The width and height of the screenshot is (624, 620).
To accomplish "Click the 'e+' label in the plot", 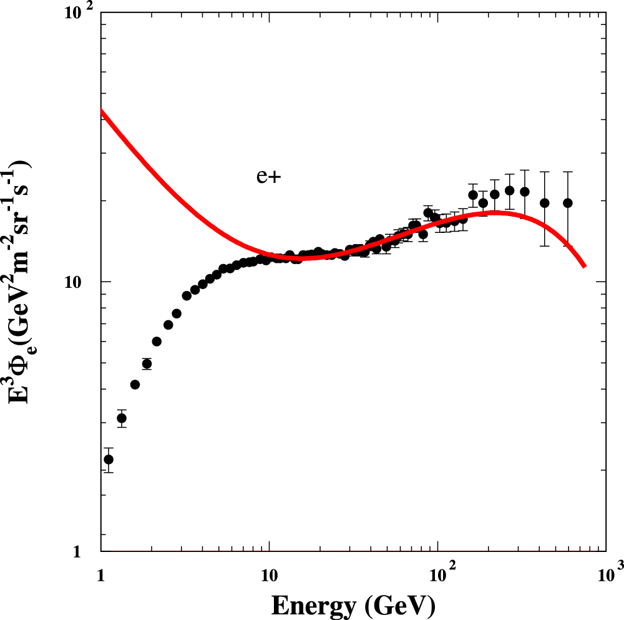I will (269, 177).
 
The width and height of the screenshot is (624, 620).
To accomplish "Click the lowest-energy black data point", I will (109, 460).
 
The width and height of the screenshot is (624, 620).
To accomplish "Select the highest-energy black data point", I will (568, 203).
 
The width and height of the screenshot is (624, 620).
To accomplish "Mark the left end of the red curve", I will (102, 111).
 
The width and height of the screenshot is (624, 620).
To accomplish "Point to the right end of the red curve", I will (584, 266).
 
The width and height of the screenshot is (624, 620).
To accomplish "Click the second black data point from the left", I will (122, 418).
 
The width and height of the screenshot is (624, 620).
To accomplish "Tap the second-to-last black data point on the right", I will (545, 203).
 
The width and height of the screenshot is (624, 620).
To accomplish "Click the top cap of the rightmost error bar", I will (568, 172).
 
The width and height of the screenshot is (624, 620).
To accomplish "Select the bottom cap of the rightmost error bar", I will (568, 245).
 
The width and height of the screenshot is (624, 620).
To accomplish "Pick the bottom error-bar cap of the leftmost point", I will (109, 472).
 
